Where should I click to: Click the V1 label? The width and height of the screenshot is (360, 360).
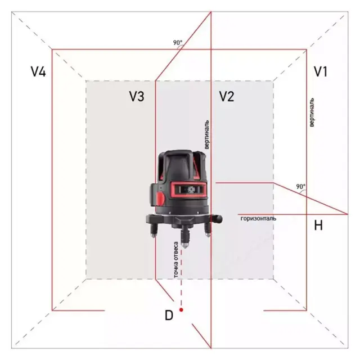click(x=321, y=72)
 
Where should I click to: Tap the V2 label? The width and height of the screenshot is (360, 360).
click(x=226, y=96)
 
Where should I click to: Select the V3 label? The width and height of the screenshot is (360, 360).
click(x=137, y=96)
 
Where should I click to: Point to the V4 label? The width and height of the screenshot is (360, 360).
click(x=38, y=72)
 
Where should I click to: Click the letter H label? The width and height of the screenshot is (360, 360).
click(x=318, y=226)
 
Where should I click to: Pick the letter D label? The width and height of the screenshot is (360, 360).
click(x=168, y=316)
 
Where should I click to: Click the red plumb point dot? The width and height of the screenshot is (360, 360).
click(x=181, y=309)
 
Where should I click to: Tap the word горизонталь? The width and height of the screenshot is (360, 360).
click(x=258, y=218)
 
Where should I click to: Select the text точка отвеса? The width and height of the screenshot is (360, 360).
click(x=176, y=259)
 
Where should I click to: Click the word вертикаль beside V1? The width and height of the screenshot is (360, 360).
click(x=312, y=112)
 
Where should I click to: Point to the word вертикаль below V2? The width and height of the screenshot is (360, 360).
click(x=208, y=134)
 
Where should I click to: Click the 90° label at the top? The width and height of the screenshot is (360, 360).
click(x=178, y=43)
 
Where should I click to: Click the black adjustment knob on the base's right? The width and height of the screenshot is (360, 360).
click(x=214, y=217)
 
